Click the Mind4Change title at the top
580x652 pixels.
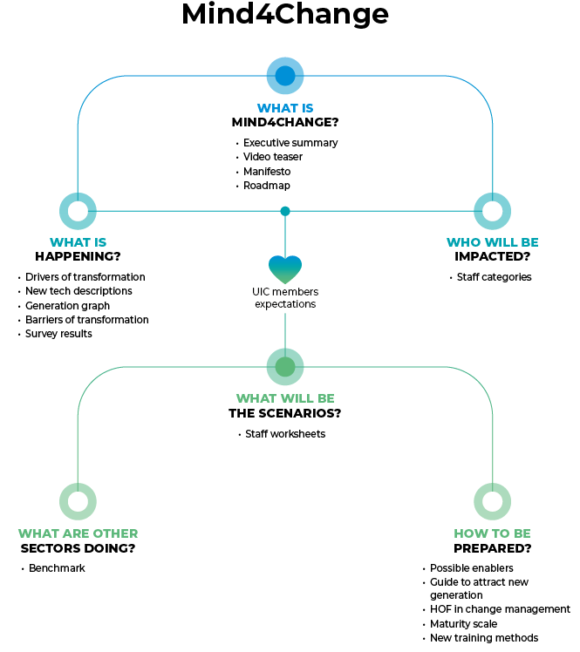285,15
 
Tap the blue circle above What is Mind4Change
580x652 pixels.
285,76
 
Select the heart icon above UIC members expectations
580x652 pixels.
285,268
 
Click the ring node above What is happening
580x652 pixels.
78,211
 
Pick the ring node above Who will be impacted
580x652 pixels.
492,211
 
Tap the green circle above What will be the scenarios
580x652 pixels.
285,367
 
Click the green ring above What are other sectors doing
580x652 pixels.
78,501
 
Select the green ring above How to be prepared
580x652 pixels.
492,501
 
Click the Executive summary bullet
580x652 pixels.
290,143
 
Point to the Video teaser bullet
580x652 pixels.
272,157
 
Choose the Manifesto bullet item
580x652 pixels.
267,172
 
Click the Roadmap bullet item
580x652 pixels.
266,186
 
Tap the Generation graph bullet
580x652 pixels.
67,306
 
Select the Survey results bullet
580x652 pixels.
58,334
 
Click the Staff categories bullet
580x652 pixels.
494,277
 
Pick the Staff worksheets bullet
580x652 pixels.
284,434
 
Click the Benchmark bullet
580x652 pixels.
57,568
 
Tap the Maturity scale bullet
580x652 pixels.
463,624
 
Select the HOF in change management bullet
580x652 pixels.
500,610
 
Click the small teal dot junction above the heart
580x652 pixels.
285,211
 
